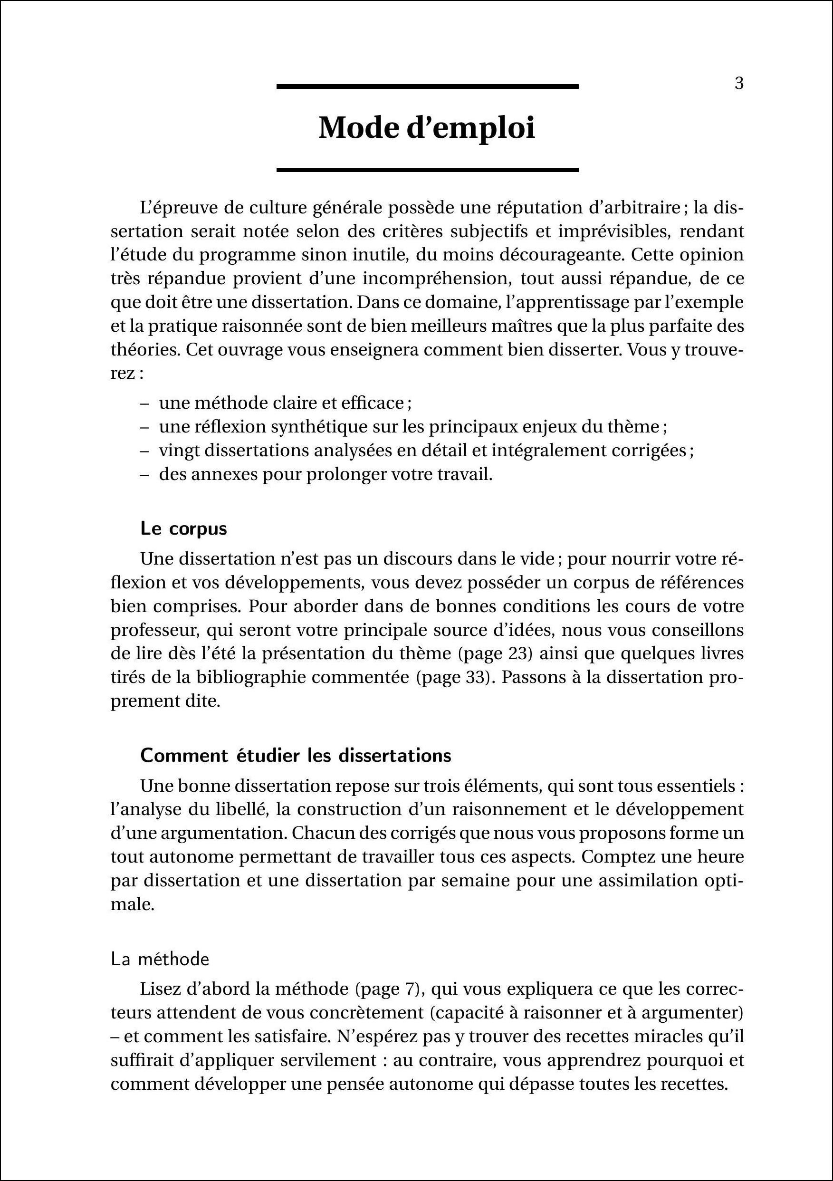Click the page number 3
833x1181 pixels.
(x=739, y=83)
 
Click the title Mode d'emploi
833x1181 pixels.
(x=427, y=128)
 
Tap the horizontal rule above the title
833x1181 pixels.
(x=427, y=87)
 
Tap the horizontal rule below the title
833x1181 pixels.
(x=427, y=169)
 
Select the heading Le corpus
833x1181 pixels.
(x=183, y=529)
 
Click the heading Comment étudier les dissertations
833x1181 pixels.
(x=296, y=756)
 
